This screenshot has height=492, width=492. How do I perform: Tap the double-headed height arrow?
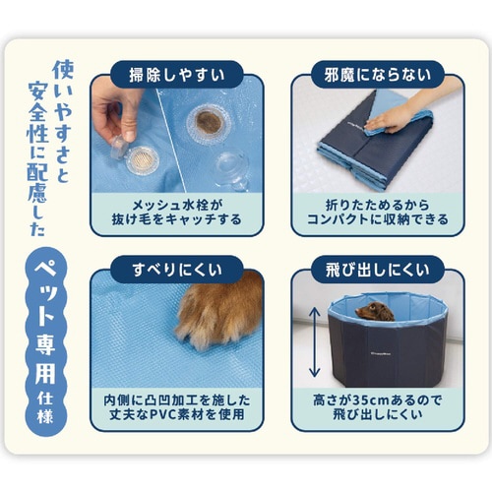(312, 339)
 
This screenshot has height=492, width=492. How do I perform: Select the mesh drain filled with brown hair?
(208, 123)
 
